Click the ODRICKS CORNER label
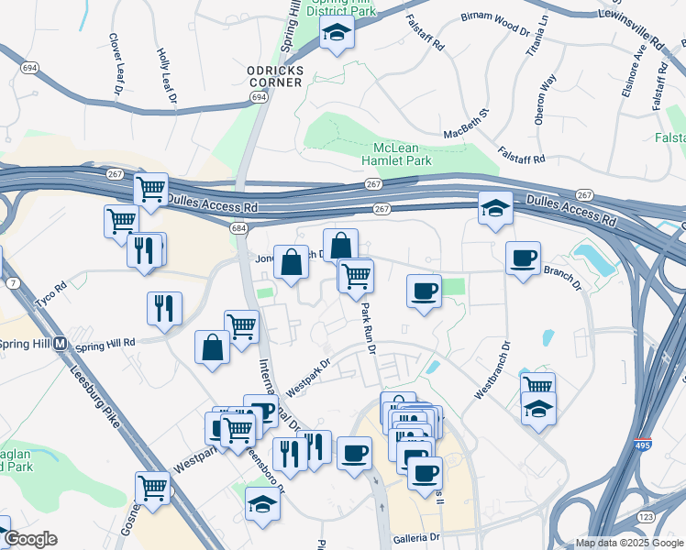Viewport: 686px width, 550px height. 274,75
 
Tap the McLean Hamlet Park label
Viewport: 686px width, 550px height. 402,153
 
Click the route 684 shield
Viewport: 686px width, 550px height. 238,226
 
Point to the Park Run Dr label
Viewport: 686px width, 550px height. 368,327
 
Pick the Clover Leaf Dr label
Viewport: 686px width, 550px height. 116,64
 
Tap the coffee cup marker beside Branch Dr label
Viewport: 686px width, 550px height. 523,258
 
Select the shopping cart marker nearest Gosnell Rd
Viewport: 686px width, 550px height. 152,486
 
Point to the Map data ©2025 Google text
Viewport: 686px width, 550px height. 628,543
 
